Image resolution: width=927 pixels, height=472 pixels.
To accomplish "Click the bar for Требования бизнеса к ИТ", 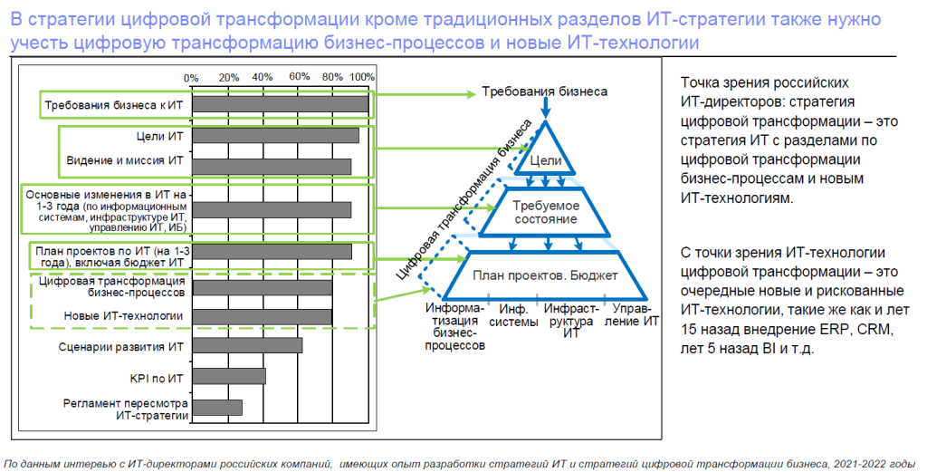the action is click(x=281, y=104).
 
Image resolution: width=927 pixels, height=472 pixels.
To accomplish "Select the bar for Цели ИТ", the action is click(x=275, y=136).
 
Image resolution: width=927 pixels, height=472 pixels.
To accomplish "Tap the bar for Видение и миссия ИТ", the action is click(x=272, y=167).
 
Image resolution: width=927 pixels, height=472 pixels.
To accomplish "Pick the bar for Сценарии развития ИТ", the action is click(x=248, y=345).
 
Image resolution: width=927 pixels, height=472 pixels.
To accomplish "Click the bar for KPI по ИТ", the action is click(x=229, y=376).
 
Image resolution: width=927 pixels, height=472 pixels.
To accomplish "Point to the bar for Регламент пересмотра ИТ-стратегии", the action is click(x=217, y=408).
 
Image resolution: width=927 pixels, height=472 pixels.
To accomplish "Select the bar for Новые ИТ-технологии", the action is click(x=263, y=317).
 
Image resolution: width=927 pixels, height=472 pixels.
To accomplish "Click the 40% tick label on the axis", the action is click(x=263, y=77).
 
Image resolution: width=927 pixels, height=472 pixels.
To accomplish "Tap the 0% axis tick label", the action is click(x=191, y=78).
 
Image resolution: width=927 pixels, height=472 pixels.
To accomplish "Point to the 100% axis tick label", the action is click(x=362, y=77).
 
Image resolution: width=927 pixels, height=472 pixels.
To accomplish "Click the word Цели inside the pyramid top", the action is click(x=546, y=160).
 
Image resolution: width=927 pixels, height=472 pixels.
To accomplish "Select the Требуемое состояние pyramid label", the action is click(x=546, y=212).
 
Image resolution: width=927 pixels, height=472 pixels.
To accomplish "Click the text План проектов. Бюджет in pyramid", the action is click(x=545, y=275).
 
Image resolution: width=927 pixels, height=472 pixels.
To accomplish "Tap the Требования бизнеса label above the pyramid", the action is click(x=544, y=92).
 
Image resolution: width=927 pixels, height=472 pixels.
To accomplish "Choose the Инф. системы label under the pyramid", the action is click(x=514, y=316).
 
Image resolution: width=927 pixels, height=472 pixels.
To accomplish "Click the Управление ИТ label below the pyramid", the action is click(x=632, y=315).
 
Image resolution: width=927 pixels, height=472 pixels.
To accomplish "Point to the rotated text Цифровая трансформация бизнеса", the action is click(x=464, y=199).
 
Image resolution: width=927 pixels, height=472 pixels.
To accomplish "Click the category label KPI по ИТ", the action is click(x=157, y=378).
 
